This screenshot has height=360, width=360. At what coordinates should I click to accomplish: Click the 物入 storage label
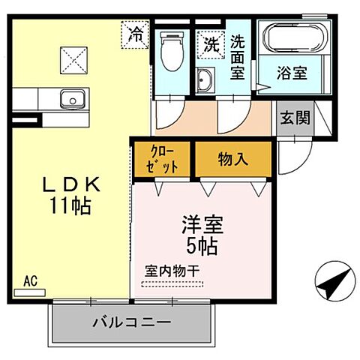tap(232, 160)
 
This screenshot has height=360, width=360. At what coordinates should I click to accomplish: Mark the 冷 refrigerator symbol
tap(136, 34)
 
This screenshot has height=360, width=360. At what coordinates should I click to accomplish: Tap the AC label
tap(30, 281)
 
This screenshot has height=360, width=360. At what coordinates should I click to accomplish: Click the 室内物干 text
tap(172, 270)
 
